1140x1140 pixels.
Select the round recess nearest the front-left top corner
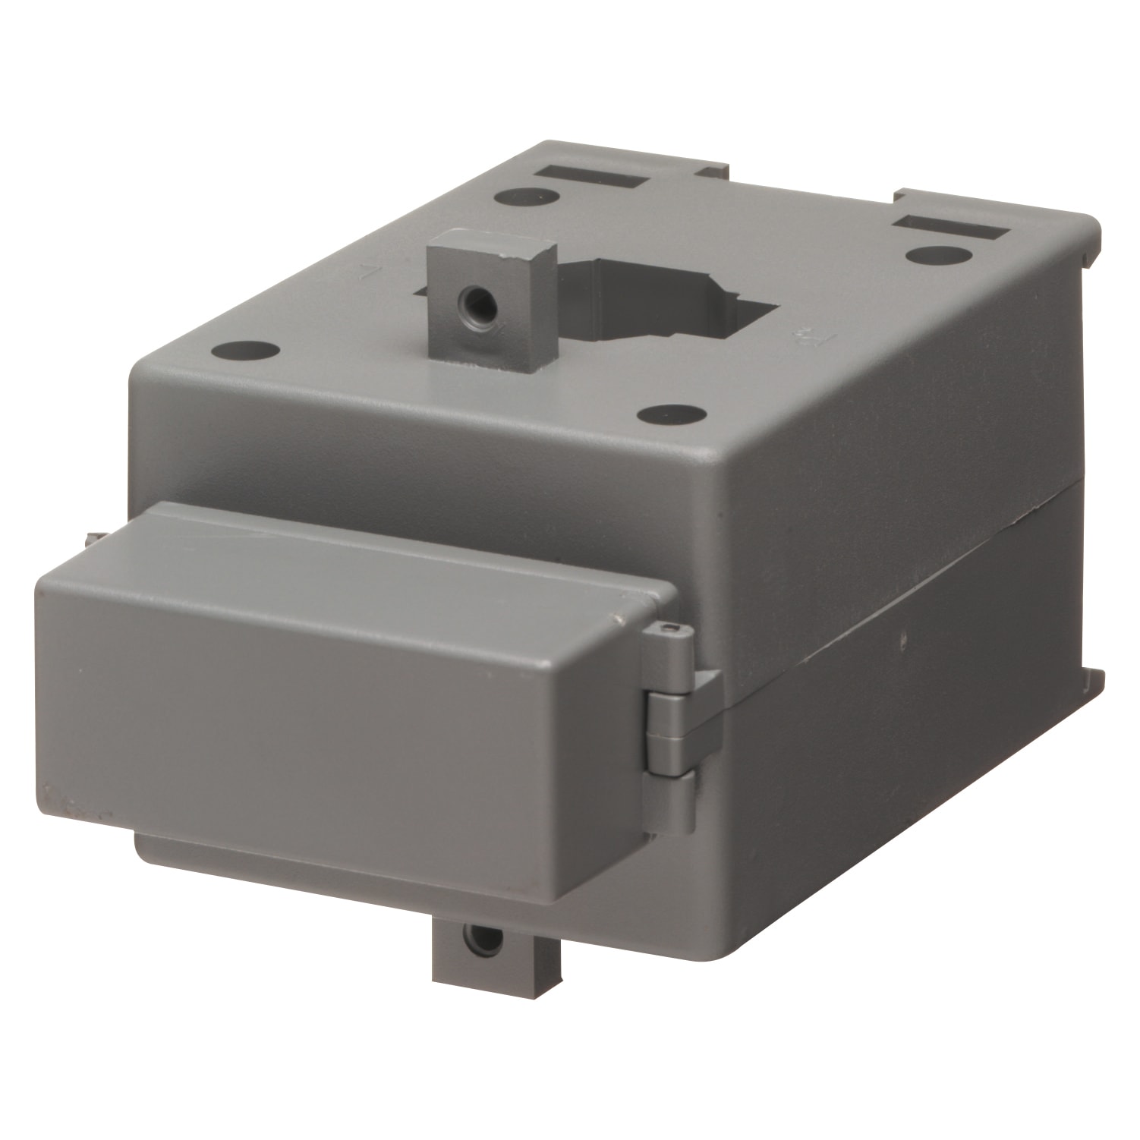point(245,351)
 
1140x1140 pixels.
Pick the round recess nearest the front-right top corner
point(670,414)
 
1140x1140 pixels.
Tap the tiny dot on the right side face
point(903,640)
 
